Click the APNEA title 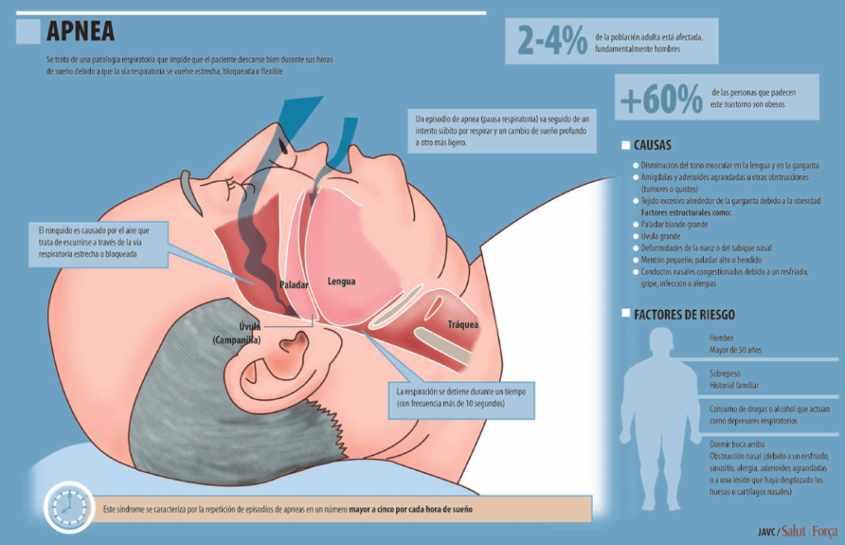[81, 31]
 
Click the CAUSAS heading [652, 145]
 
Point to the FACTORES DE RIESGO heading [684, 315]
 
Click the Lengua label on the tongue [341, 282]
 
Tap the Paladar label [294, 285]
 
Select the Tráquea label [463, 324]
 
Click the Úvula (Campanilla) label [238, 333]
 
